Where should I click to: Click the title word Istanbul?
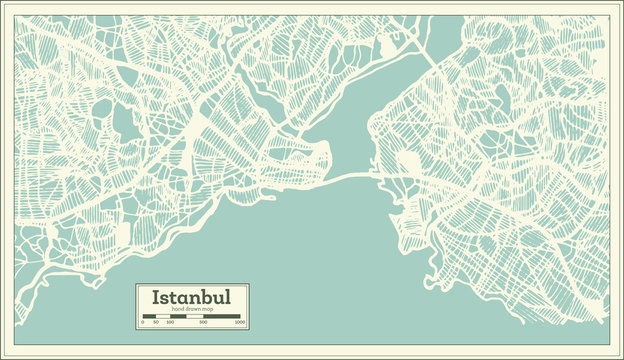click(x=192, y=298)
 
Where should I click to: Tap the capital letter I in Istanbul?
click(x=155, y=298)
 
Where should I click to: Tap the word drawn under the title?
click(x=190, y=309)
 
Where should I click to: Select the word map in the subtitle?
click(x=206, y=309)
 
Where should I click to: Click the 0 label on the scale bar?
click(x=142, y=323)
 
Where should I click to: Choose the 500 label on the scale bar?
click(x=203, y=323)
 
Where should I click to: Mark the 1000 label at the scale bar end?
click(x=241, y=323)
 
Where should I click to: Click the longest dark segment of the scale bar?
click(x=222, y=316)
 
